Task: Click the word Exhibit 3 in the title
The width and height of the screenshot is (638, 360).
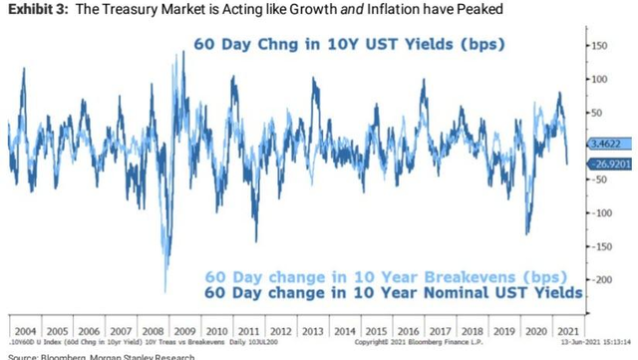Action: (37, 10)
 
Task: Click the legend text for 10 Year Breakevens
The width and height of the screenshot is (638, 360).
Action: (385, 276)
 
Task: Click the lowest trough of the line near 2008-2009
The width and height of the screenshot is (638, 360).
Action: (165, 290)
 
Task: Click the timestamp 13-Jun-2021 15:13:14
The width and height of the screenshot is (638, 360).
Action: (596, 341)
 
